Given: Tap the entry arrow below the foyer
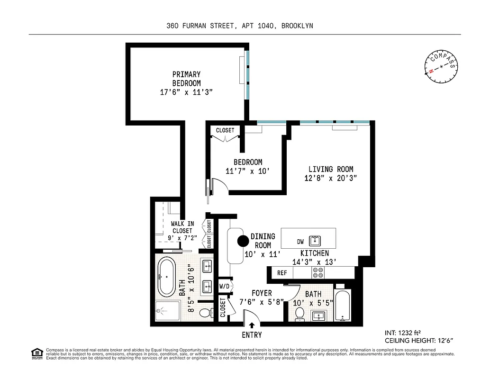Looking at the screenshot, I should tap(252, 325).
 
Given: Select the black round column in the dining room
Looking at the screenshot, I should tap(243, 241).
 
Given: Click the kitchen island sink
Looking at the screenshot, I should tap(315, 240).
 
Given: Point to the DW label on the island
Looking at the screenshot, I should tap(300, 242).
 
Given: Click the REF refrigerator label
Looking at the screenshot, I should tap(282, 273).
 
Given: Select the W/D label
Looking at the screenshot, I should tap(224, 286).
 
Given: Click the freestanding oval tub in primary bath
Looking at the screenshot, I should tap(166, 277).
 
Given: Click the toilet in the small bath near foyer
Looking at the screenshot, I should tap(299, 314).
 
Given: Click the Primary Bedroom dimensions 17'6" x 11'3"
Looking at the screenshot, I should tap(186, 92).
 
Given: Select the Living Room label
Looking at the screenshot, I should tap(331, 169).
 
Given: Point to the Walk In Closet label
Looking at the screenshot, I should tap(182, 227).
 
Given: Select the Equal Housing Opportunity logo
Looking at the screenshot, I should tap(36, 353).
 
